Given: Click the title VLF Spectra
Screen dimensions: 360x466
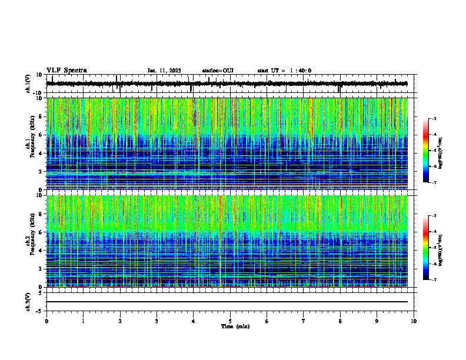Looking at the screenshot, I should (66, 71).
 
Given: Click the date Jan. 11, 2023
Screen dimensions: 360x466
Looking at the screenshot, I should (164, 71).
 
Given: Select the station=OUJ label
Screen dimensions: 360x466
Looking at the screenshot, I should (218, 71).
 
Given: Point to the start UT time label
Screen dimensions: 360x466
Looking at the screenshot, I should (284, 71).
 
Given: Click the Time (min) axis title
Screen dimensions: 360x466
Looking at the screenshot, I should (235, 326).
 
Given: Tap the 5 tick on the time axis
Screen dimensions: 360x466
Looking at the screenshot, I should (230, 321).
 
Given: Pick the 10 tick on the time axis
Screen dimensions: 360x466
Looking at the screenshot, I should (414, 321).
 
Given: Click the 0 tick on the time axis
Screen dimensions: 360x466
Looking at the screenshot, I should (46, 321).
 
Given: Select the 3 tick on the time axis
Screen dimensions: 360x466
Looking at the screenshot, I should (157, 321).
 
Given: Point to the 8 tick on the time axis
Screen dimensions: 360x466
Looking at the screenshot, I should (340, 321).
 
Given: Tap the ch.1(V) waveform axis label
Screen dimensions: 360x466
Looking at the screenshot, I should (28, 83).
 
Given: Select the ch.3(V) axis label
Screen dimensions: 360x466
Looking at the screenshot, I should (28, 301).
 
